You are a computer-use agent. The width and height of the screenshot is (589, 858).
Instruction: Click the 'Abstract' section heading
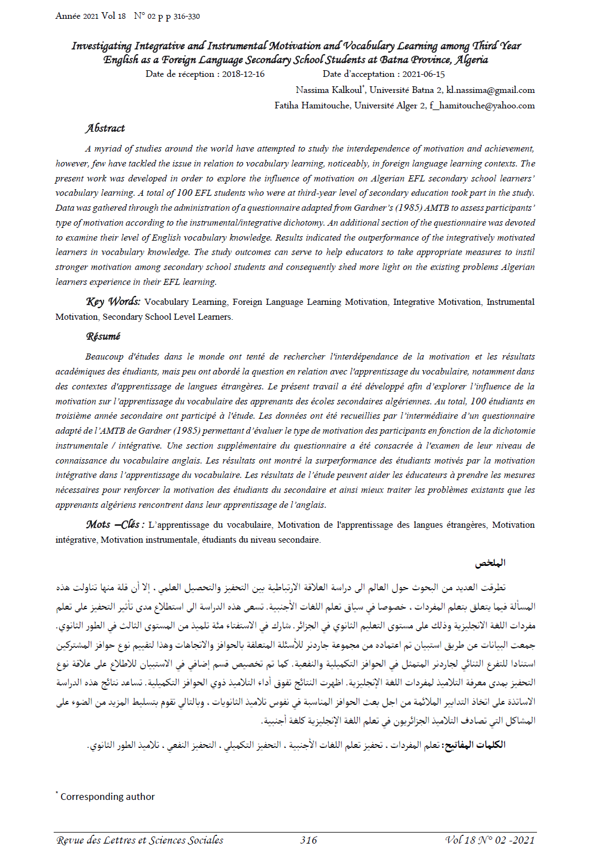point(105,128)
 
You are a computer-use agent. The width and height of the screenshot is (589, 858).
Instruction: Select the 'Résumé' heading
point(103,336)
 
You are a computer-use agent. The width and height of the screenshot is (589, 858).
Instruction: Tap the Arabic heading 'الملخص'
point(490,563)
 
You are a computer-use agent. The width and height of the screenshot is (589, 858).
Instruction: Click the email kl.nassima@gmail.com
point(490,90)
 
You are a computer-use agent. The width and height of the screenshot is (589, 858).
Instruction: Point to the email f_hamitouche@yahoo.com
point(482,106)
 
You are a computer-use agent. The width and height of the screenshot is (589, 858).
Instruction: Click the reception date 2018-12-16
point(243,74)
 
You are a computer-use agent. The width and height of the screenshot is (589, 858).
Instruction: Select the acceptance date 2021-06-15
point(423,74)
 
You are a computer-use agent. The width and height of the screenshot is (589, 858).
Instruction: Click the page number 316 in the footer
point(308,840)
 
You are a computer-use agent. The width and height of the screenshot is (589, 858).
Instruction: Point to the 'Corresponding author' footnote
point(107,797)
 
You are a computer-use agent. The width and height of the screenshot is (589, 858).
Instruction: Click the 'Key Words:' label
point(113,301)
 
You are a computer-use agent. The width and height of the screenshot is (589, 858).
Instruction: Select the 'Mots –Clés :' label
point(115,524)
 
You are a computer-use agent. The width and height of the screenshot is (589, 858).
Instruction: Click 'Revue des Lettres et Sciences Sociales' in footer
point(139,840)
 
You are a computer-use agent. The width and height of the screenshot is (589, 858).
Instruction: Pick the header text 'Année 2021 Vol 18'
point(90,16)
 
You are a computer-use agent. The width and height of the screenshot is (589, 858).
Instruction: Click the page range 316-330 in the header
point(187,17)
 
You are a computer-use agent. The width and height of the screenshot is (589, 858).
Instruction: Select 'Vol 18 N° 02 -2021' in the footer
point(490,840)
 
